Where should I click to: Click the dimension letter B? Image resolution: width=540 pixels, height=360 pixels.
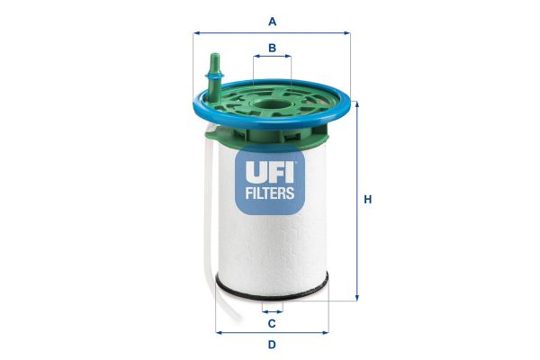pos(272,47)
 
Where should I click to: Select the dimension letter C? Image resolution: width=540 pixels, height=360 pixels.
pos(271,322)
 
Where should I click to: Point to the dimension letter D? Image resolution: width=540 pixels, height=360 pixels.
pos(271,344)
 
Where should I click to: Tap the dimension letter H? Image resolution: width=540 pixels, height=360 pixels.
pos(367,200)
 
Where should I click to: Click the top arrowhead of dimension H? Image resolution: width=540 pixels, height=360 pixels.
pos(357,104)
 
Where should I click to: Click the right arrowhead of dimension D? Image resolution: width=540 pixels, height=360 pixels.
pos(326,331)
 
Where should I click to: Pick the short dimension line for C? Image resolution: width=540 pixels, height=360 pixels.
pos(272,309)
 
